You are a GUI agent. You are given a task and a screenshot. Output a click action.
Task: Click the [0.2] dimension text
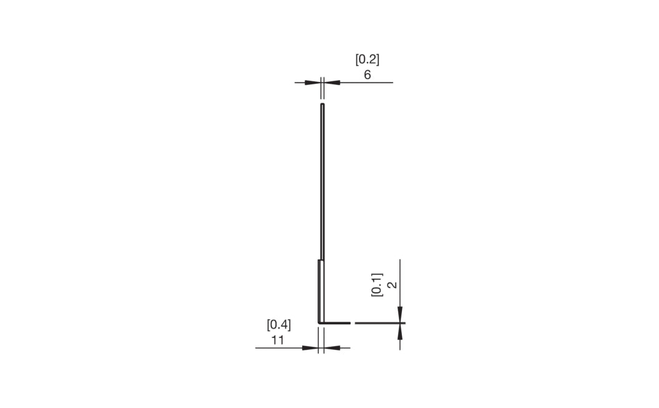[x=368, y=60]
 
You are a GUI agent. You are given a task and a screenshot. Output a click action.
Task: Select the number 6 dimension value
[x=368, y=75]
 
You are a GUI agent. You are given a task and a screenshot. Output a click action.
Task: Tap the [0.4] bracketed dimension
[x=279, y=325]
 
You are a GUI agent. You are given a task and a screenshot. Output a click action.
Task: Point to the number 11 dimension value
[x=278, y=340]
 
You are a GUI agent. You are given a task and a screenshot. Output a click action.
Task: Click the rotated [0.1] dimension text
[x=377, y=285]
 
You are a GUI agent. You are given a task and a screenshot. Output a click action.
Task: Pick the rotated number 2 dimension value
[x=393, y=285]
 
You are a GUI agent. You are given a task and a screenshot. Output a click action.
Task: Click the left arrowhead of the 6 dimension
[x=313, y=82]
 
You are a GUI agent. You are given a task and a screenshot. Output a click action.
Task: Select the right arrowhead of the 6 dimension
[x=332, y=82]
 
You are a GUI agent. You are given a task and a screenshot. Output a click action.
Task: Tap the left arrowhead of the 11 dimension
[x=310, y=348]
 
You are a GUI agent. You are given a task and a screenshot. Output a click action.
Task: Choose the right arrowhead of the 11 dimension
[x=332, y=348]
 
